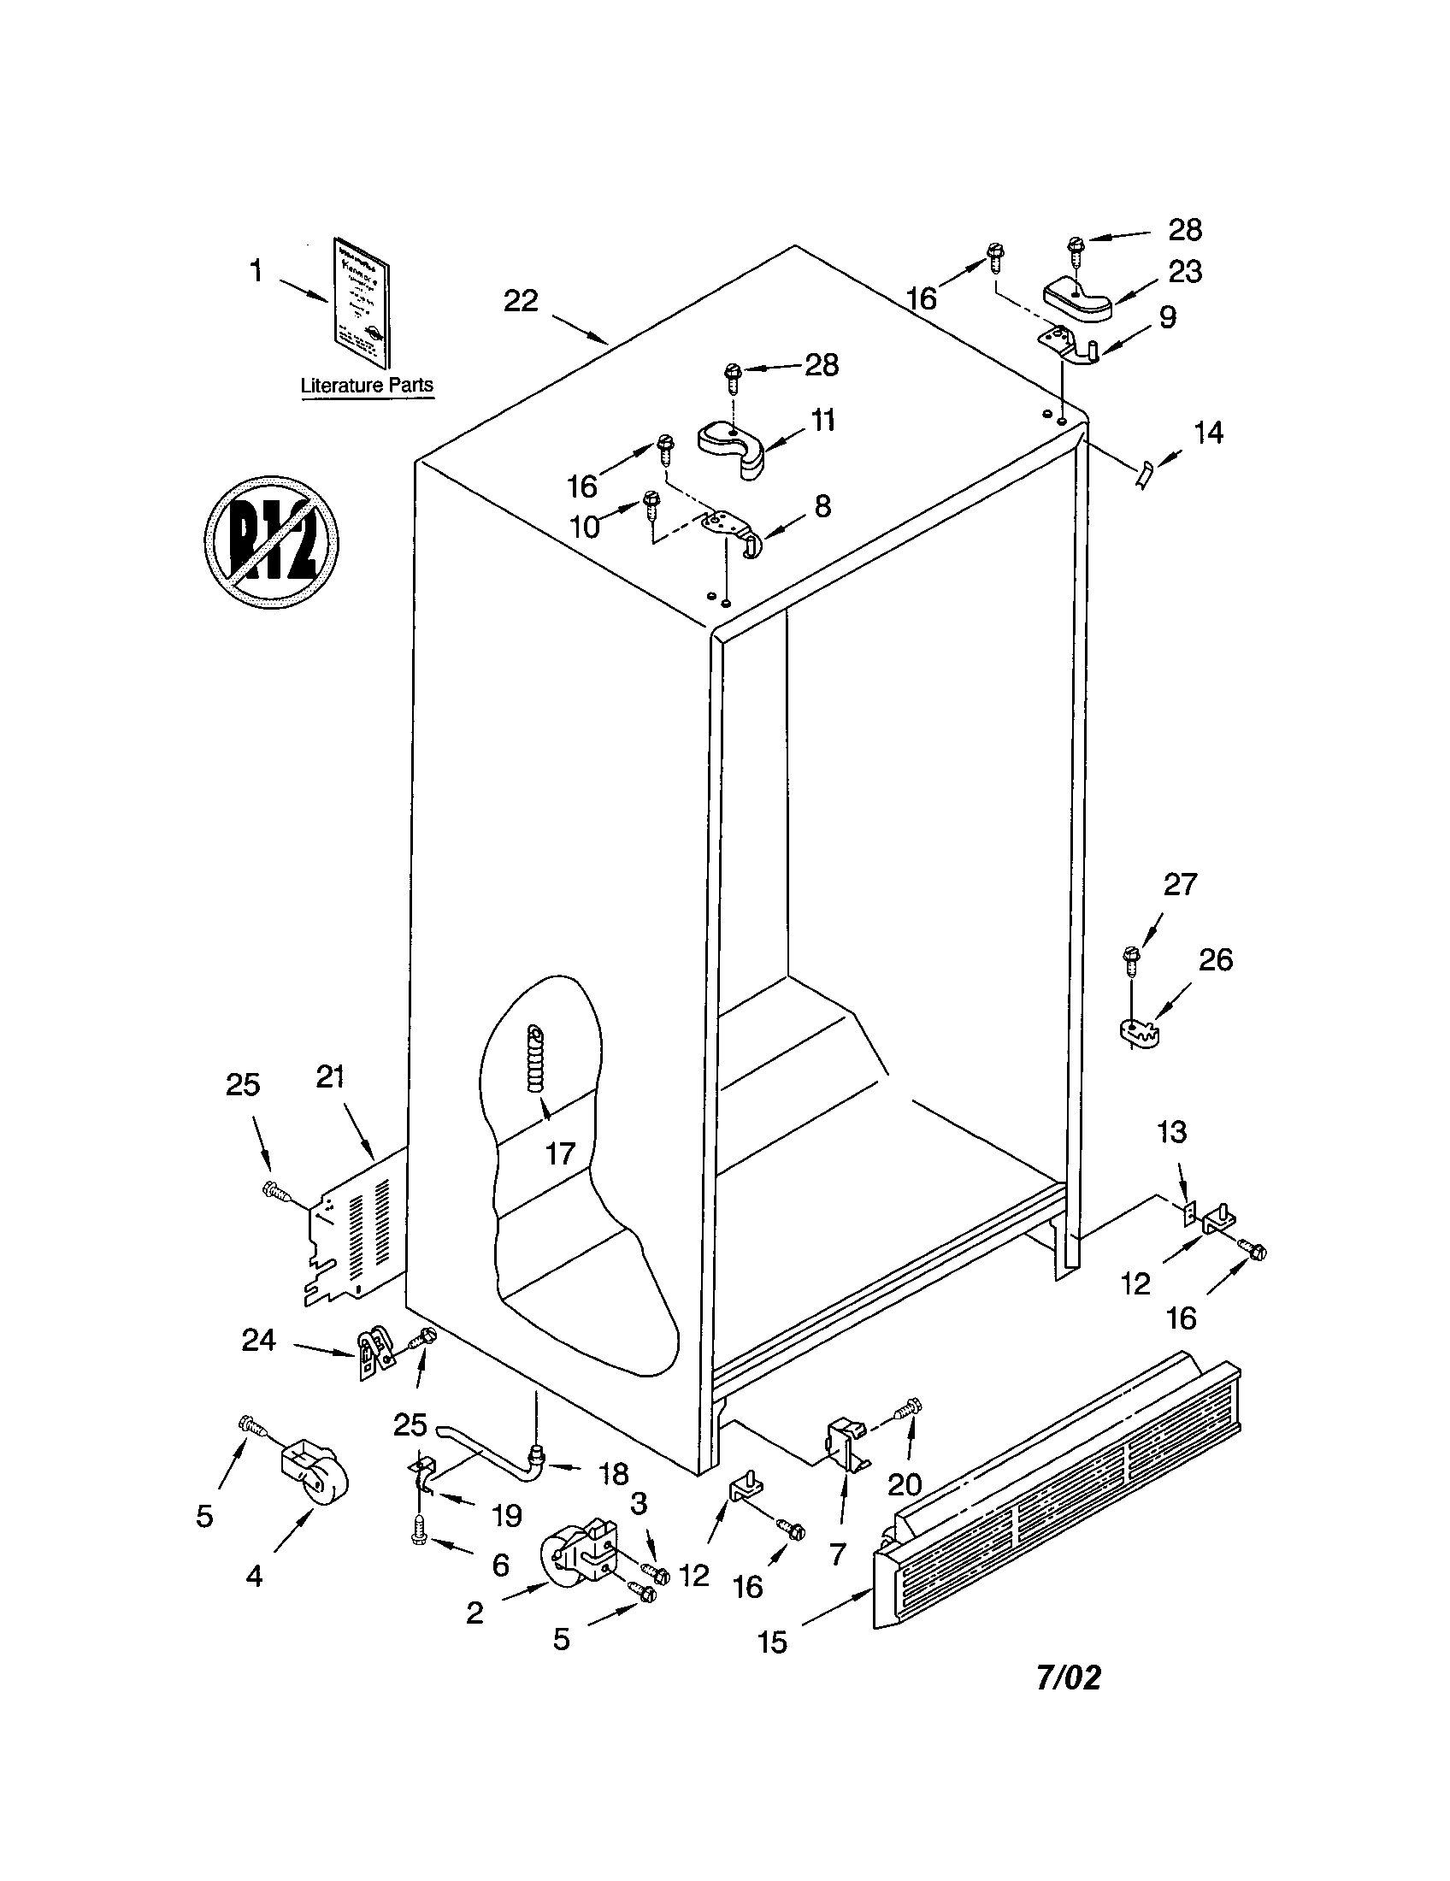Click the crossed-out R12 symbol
271,542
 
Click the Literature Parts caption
367,385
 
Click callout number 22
521,301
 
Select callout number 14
1209,433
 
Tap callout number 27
1180,884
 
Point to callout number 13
1172,1131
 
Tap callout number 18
613,1474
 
